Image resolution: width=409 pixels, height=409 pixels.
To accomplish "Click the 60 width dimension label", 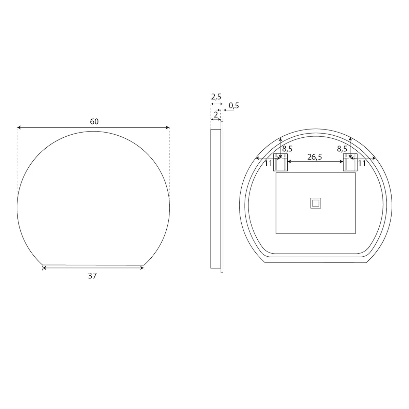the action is point(94,122).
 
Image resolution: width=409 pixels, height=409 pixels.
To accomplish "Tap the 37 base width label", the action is point(92,276).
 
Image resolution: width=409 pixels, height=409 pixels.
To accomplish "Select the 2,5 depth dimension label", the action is point(216,97).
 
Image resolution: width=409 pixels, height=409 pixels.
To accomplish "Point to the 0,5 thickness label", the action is point(234,106).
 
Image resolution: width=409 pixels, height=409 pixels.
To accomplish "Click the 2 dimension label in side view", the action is point(216,115).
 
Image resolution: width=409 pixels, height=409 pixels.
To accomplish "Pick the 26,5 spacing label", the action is point(315,157).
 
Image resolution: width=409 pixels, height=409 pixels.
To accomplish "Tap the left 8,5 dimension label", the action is point(287,149).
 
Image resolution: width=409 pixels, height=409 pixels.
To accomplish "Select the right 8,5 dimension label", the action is point(342,149).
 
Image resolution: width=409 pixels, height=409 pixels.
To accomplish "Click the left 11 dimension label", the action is point(269,164).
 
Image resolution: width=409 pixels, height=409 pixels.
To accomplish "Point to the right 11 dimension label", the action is point(362,164).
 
